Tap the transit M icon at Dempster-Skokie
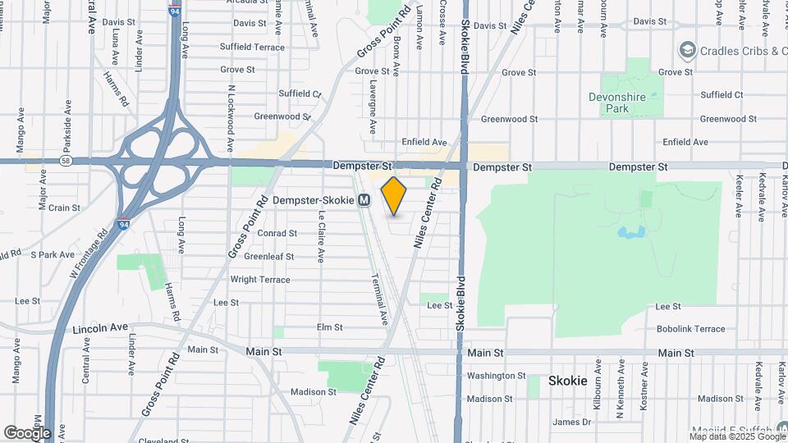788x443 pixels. point(364,200)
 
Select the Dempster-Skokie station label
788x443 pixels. point(314,200)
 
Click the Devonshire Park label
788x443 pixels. point(628,103)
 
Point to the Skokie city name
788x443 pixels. point(568,381)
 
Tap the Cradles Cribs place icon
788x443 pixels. point(686,51)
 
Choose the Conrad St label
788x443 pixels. point(277,233)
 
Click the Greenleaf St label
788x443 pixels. point(269,256)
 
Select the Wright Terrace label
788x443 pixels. point(259,280)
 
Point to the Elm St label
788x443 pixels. point(329,327)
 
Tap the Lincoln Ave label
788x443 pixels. point(100,328)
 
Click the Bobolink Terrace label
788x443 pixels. point(690,329)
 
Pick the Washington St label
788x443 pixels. point(496,376)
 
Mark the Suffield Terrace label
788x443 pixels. point(253,48)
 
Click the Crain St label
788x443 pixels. point(64,208)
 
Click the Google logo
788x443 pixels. point(27,432)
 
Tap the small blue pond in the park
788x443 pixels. point(630,233)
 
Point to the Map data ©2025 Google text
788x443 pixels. point(737,436)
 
